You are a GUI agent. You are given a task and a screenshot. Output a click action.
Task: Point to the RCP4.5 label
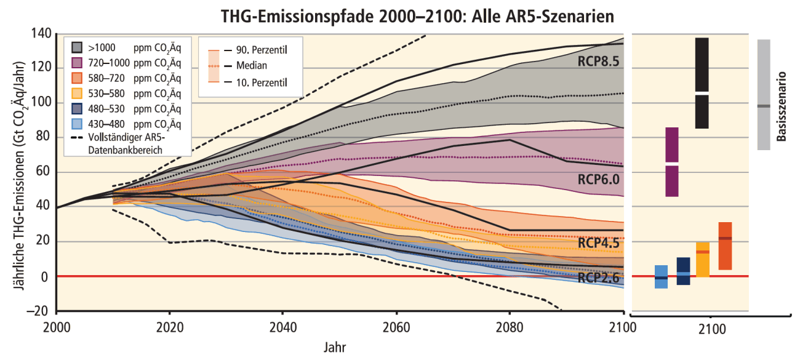598,244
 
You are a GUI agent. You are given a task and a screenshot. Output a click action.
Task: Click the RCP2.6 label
598,278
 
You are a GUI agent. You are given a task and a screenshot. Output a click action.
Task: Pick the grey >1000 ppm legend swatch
78,47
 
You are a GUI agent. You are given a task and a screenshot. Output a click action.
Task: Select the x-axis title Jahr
335,347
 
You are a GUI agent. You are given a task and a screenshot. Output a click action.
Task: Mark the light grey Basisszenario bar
764,95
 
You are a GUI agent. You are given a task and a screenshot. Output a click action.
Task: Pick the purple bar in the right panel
672,162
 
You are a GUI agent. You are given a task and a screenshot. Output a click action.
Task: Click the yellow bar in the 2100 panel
703,259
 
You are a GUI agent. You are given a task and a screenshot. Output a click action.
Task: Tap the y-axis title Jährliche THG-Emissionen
17,172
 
